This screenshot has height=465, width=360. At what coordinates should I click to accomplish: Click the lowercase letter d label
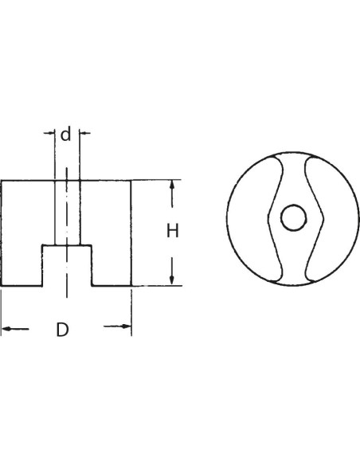tap(66, 134)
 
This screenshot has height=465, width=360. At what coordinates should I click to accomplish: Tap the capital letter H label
tap(173, 231)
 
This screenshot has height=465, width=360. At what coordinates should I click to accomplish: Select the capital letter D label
tap(62, 329)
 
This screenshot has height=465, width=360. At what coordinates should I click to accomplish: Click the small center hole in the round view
tap(293, 217)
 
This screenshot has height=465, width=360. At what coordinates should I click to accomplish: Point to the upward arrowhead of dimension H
tap(172, 186)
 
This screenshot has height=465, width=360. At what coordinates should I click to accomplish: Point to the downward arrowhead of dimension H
tap(172, 279)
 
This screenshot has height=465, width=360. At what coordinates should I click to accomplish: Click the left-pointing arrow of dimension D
tap(15, 329)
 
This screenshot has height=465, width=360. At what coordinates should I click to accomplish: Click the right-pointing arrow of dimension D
tap(117, 326)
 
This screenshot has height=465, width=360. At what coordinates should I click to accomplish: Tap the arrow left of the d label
tap(49, 133)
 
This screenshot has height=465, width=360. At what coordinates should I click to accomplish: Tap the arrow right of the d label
tap(84, 133)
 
